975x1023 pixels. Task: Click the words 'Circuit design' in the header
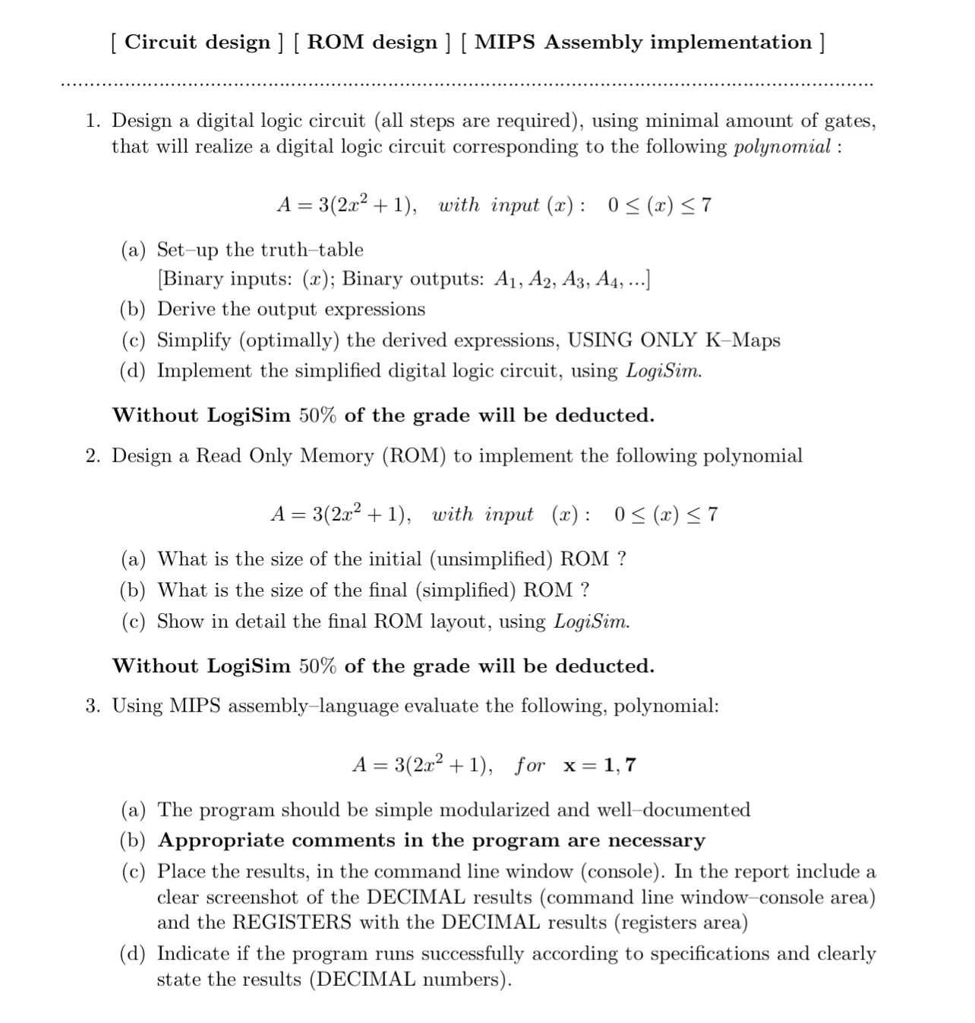click(197, 42)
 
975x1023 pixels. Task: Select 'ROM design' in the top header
click(372, 42)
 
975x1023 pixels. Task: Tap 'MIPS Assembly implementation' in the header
click(643, 42)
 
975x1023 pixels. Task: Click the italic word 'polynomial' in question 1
click(782, 146)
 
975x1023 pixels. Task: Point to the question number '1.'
click(93, 121)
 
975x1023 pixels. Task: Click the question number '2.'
click(93, 455)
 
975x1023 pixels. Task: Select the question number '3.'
click(93, 706)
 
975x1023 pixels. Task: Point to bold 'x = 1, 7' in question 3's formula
click(599, 765)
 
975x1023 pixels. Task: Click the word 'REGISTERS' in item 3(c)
click(292, 923)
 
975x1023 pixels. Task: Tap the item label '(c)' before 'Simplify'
click(134, 340)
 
